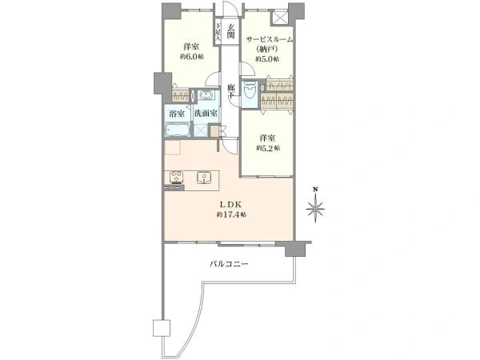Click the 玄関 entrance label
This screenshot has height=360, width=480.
point(231,31)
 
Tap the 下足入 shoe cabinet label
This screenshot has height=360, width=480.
point(218,32)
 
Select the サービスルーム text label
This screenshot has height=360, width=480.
point(270,39)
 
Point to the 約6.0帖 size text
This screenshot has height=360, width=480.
point(192,57)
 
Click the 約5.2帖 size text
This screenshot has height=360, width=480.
point(268,148)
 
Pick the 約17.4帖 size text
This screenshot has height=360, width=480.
point(231,214)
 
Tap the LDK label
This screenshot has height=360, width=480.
point(231,204)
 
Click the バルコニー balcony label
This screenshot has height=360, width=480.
point(229,264)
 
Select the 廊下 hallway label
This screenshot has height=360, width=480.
point(231,91)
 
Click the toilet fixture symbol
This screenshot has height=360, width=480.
point(250,90)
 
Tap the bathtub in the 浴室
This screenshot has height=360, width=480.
point(178,130)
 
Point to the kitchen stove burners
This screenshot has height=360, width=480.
point(177,178)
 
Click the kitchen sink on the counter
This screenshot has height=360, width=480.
point(203,178)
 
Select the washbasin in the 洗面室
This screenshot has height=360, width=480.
point(207,95)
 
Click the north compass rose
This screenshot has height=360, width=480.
point(315,210)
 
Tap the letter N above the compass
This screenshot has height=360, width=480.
point(315,189)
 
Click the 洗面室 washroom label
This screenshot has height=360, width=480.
point(206,114)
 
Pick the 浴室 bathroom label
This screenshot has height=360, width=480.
point(177,114)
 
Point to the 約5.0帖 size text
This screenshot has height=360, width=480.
point(267,59)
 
